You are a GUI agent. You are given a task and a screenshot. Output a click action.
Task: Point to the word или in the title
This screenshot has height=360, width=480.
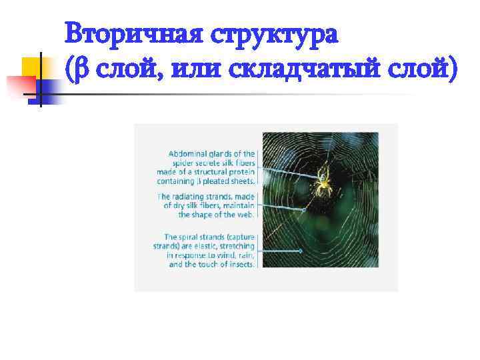pos(196,69)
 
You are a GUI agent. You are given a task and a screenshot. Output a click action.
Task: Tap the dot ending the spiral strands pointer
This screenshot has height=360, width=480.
pos(301,251)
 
